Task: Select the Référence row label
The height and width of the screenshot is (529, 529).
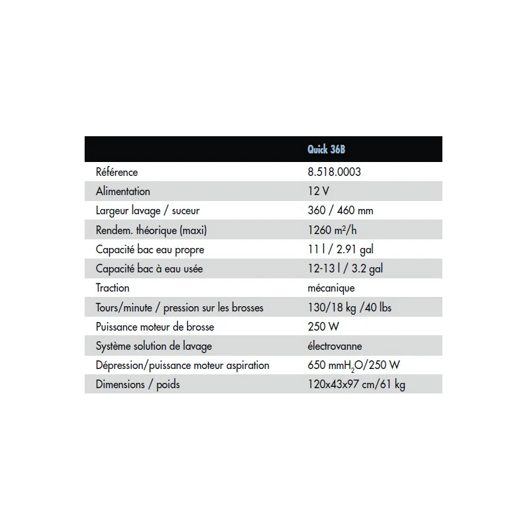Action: pos(117,172)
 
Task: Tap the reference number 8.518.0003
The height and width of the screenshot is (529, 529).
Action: pos(334,172)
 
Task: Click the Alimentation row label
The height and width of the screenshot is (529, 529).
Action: pos(123,191)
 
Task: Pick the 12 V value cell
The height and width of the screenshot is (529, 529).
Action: pos(319,191)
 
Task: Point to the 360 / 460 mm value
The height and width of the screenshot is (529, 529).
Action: pos(341,210)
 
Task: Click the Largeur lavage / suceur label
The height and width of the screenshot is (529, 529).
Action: pos(146,210)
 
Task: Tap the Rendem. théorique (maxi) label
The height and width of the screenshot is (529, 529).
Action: pos(147,229)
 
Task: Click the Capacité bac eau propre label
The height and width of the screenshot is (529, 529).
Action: pos(149,249)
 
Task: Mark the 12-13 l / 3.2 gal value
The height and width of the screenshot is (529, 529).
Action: pos(345,268)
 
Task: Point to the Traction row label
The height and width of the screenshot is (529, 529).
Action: pos(112,288)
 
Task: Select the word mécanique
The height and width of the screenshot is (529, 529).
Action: pos(331,288)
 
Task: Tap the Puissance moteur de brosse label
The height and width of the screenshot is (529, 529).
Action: pos(155,327)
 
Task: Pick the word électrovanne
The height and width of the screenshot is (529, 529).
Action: pos(335,346)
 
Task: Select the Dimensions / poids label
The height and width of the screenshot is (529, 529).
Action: pos(138,384)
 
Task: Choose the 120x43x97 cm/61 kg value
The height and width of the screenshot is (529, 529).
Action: pos(356,384)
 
